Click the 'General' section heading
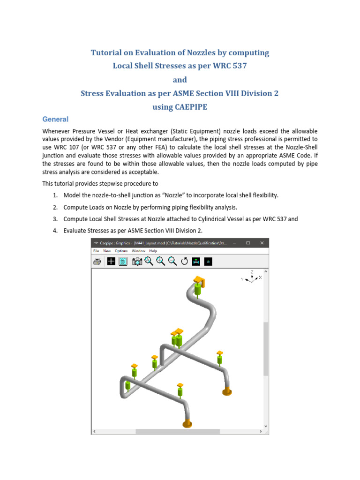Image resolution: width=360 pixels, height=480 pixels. point(55,120)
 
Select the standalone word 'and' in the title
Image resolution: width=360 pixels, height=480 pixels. point(180,80)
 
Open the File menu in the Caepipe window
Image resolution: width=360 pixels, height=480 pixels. point(96,251)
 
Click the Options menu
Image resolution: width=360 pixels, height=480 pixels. point(122,251)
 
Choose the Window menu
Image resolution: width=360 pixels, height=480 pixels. point(138,251)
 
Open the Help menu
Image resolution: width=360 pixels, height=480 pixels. point(153,251)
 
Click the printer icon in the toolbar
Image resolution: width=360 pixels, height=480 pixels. point(97,262)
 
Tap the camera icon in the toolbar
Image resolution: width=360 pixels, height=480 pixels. point(136,262)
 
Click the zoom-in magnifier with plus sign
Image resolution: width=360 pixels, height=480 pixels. point(160,262)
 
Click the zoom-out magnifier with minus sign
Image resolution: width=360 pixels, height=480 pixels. point(172,262)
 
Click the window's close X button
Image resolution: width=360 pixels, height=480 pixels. point(262,243)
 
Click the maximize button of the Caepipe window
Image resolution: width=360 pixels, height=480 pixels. point(248,243)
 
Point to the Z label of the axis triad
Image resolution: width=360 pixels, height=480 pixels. point(252,271)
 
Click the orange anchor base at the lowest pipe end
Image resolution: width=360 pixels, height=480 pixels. point(187,424)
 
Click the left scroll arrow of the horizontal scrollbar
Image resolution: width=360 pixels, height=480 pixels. point(94,431)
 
